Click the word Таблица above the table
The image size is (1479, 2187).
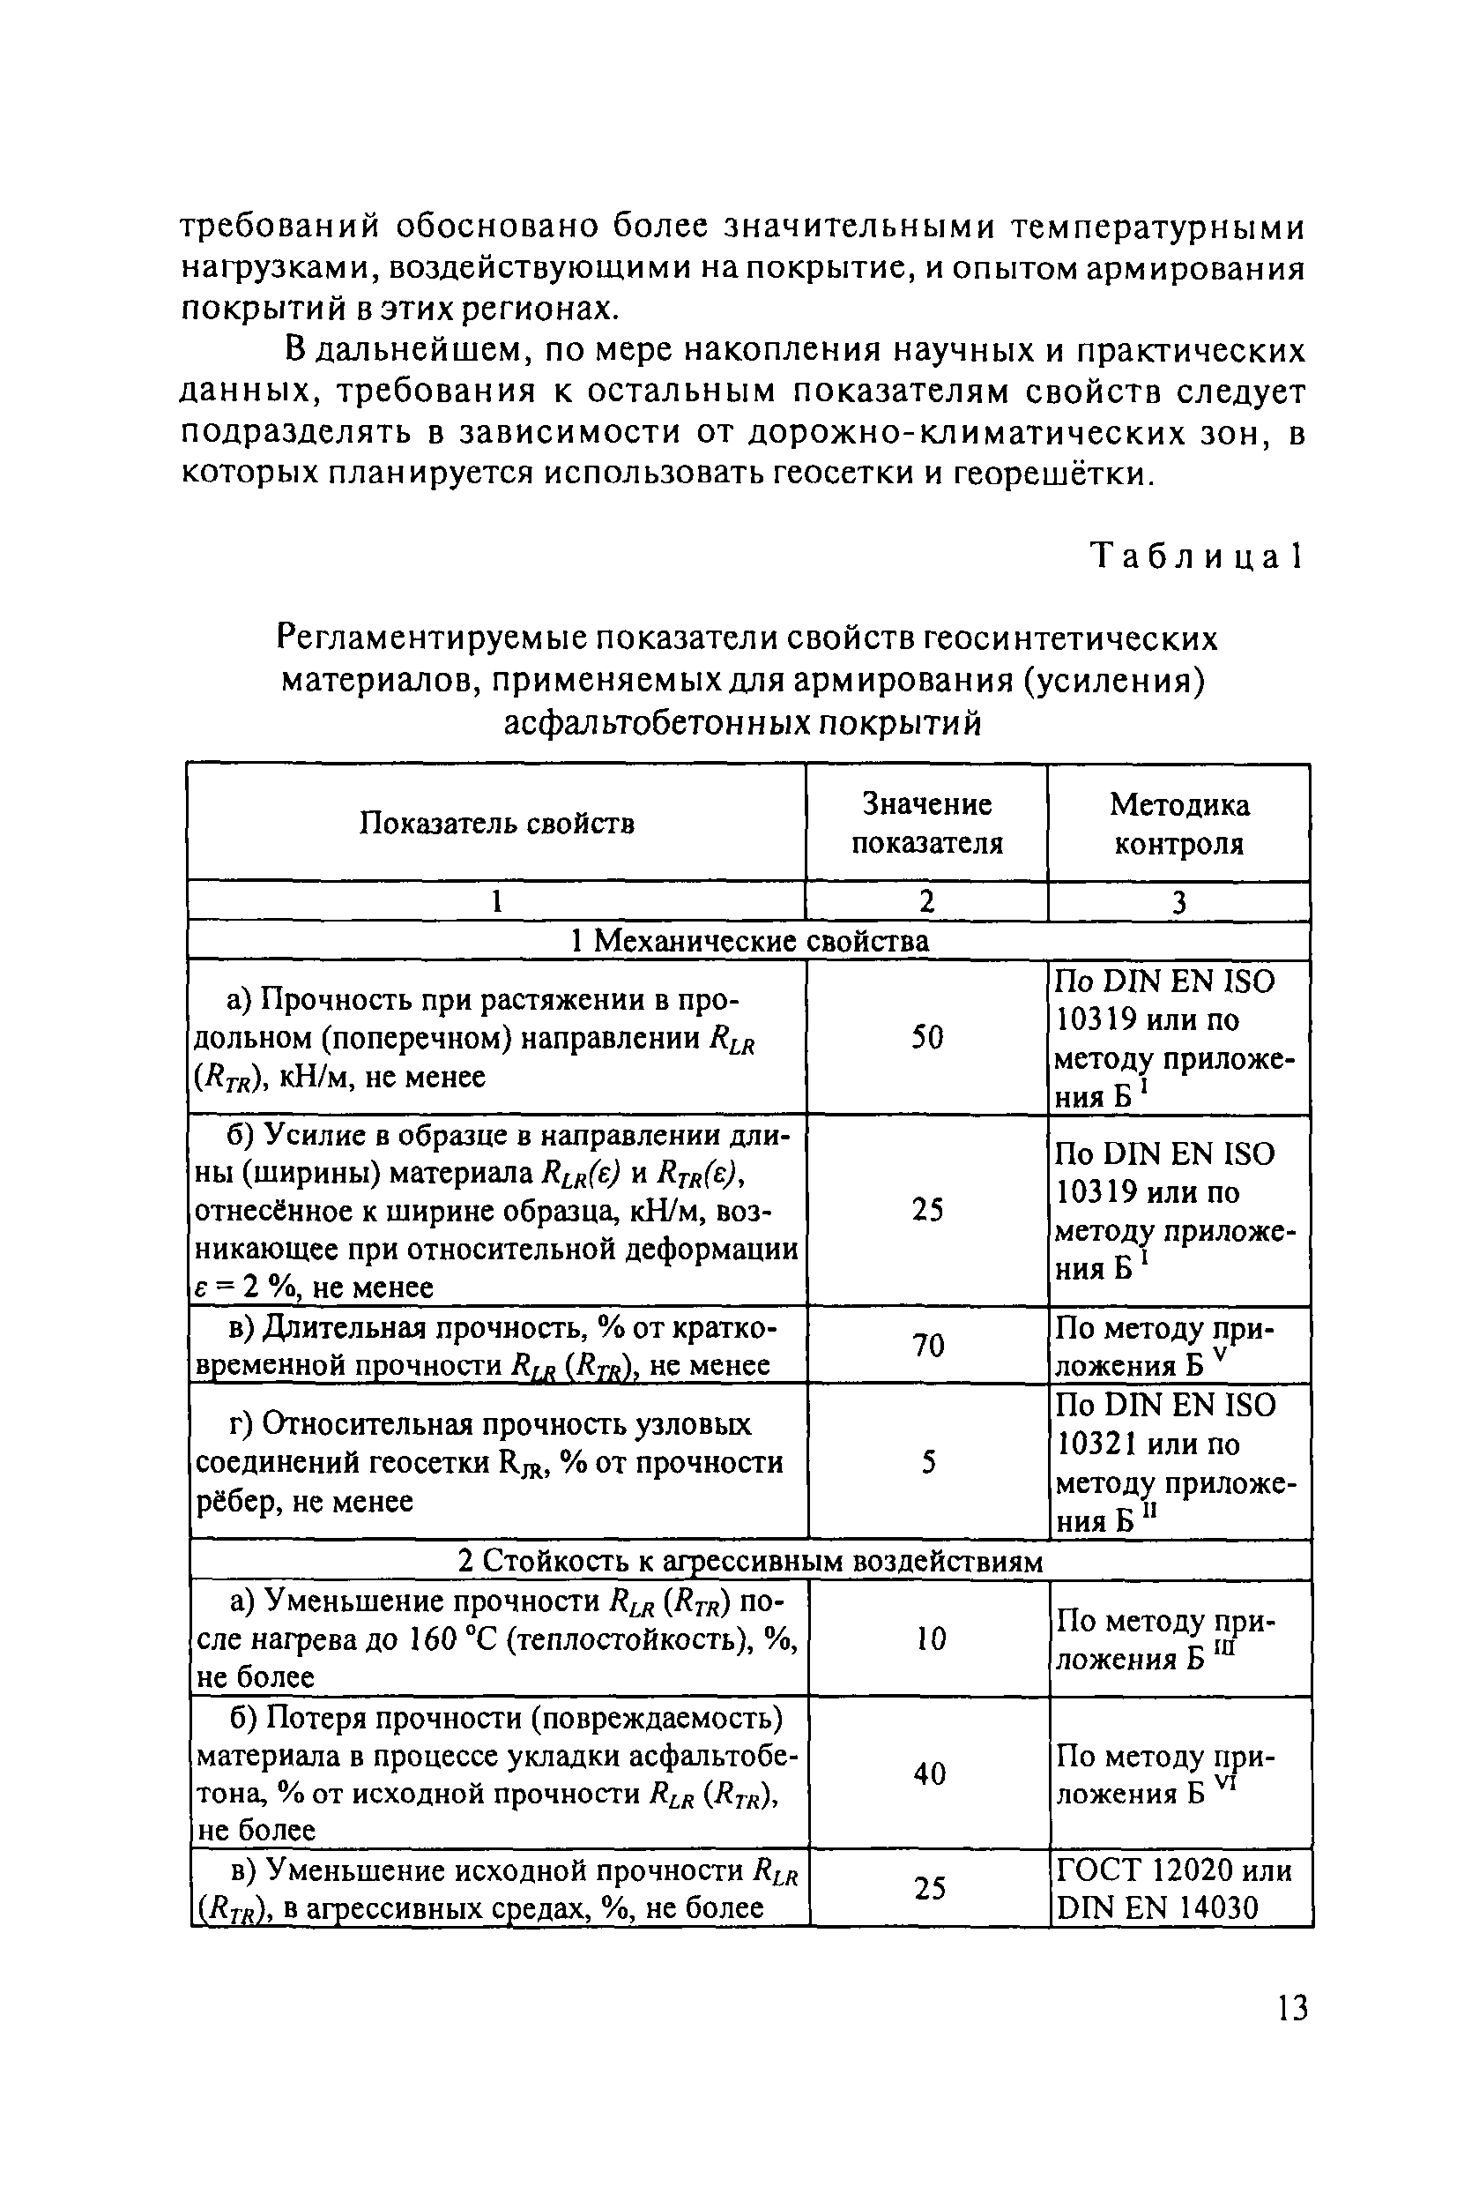point(1184,557)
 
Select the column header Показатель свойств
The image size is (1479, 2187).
point(497,824)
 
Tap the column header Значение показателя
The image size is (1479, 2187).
point(926,824)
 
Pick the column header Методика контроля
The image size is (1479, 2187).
point(1178,824)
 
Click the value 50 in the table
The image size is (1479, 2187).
point(926,1037)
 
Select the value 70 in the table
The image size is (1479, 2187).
point(927,1345)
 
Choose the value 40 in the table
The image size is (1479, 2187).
point(930,1774)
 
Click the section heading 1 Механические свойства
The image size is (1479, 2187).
point(750,940)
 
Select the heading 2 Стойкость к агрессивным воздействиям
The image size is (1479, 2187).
point(750,1561)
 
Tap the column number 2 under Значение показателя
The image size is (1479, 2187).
point(926,901)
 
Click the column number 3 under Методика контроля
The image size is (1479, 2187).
point(1178,902)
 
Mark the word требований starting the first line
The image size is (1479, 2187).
point(280,227)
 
